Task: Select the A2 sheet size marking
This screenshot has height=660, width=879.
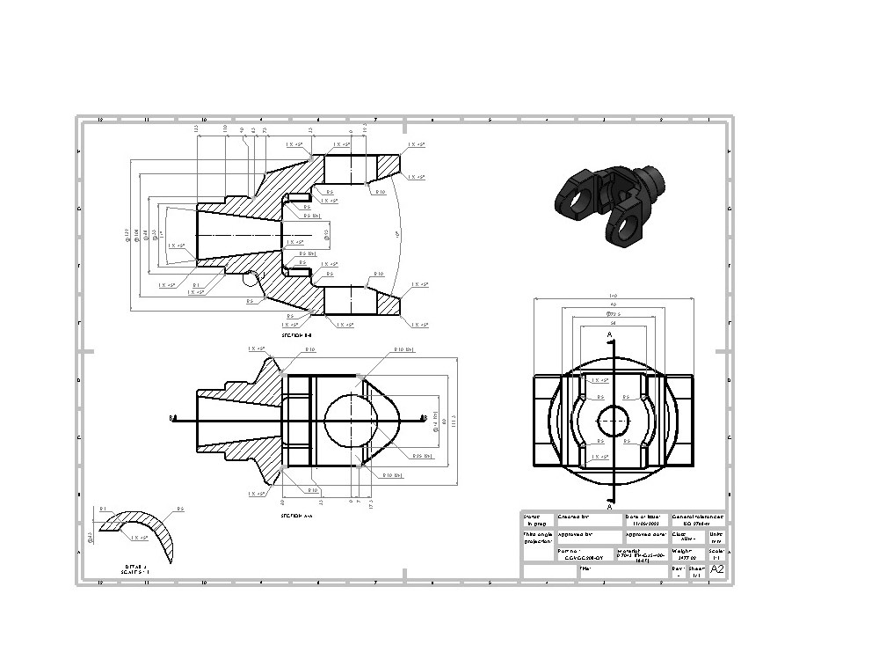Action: pyautogui.click(x=717, y=569)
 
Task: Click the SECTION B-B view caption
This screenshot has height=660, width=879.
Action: pyautogui.click(x=296, y=335)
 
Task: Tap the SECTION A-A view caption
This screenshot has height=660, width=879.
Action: pyautogui.click(x=296, y=516)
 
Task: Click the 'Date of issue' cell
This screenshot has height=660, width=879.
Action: pyautogui.click(x=646, y=520)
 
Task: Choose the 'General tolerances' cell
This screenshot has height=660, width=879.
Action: pyautogui.click(x=697, y=520)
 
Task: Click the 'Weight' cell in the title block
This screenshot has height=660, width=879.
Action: pyautogui.click(x=687, y=554)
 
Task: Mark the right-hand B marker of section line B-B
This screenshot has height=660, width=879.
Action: pyautogui.click(x=424, y=418)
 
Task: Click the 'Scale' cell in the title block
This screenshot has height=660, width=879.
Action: pyautogui.click(x=716, y=554)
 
